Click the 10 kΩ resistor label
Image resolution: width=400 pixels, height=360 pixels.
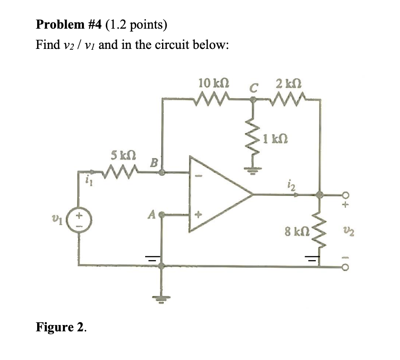pos(214,83)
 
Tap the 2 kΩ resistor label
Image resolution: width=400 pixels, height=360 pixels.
pos(289,83)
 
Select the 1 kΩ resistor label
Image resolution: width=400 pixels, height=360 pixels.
pos(276,139)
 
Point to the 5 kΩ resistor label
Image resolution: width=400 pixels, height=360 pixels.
pos(123,155)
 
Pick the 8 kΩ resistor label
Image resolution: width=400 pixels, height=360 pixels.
pos(297,232)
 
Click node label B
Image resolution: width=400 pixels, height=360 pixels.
pos(154,162)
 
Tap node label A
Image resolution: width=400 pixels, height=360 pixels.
pos(152,215)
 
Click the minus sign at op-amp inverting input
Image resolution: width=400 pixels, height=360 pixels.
pos(200,175)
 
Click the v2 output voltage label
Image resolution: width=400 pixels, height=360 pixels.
pos(345,233)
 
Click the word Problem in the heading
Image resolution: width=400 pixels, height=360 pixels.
pos(60,24)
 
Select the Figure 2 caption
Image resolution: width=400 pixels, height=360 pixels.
pos(61,328)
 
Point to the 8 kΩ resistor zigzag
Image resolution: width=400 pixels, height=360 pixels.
pos(319,230)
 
